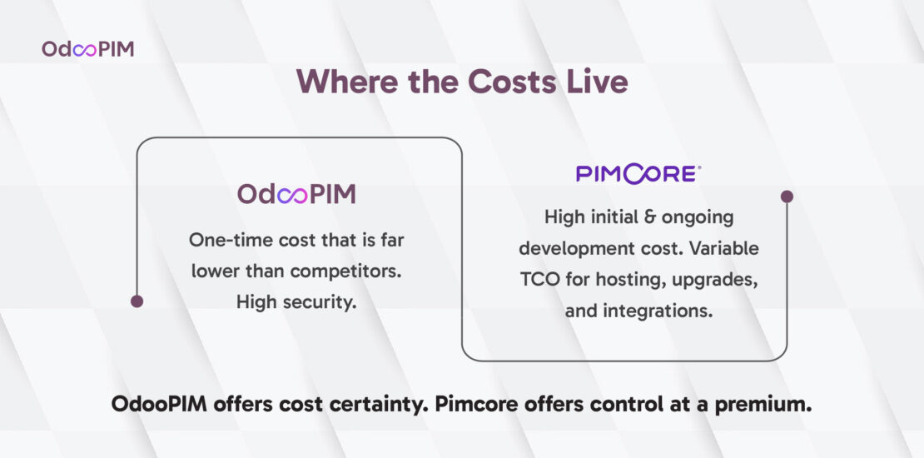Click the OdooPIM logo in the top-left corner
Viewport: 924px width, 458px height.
[87, 49]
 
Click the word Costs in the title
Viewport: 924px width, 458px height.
[511, 81]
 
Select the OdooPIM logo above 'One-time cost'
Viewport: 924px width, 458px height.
[296, 194]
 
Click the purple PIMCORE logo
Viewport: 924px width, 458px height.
[638, 174]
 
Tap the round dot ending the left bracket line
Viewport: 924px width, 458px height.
[137, 301]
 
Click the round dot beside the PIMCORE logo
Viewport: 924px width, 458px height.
[787, 197]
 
